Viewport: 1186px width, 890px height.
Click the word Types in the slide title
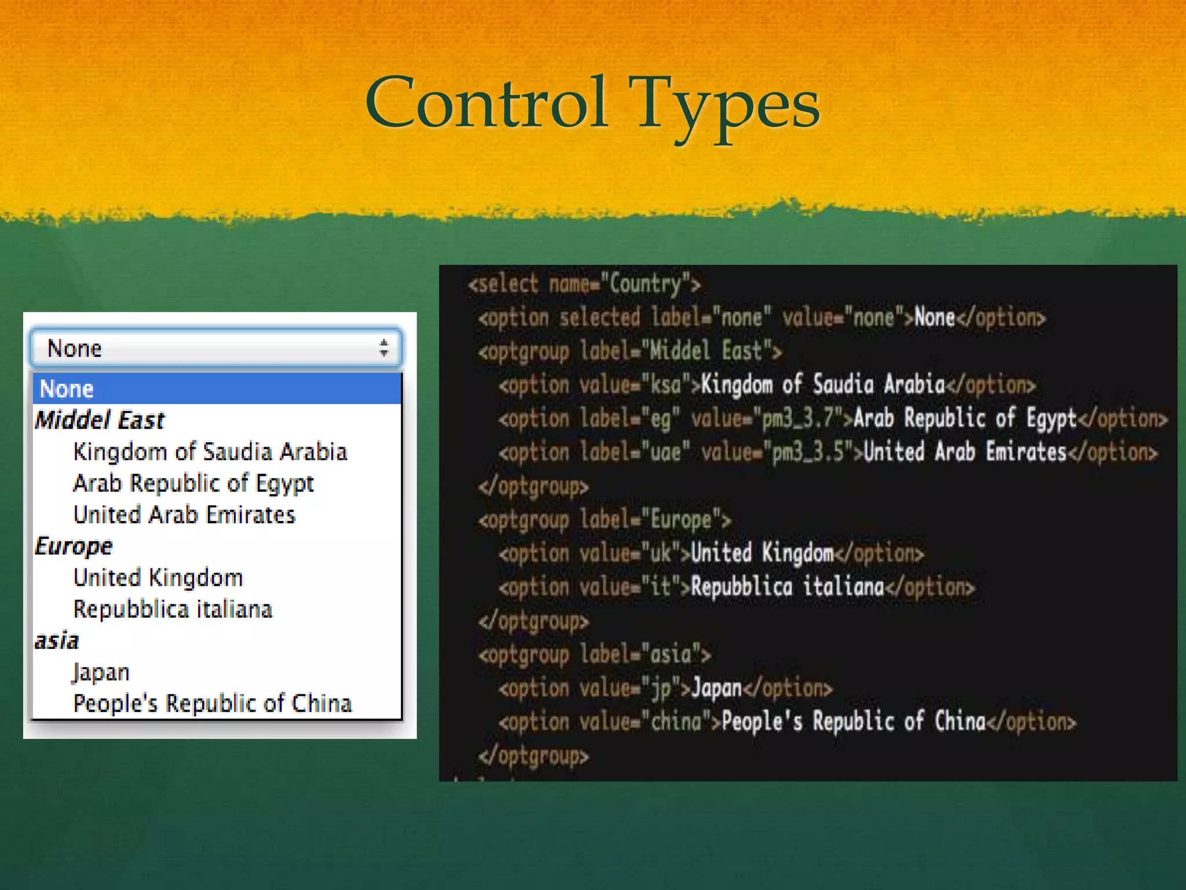click(727, 107)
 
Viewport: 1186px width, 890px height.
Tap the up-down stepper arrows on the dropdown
click(383, 348)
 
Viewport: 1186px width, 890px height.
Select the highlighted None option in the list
click(67, 389)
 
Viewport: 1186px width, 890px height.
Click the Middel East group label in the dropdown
click(100, 420)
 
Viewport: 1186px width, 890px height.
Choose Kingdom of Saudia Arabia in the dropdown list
click(210, 452)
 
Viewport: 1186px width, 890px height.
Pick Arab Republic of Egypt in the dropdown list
click(193, 483)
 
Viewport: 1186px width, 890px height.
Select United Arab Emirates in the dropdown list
click(184, 515)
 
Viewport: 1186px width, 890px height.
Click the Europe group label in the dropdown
click(74, 546)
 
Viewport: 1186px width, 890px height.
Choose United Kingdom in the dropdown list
click(158, 578)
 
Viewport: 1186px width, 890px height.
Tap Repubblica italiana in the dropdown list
click(173, 609)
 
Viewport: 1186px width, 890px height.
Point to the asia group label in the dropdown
click(56, 641)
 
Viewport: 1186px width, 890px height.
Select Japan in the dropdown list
click(101, 672)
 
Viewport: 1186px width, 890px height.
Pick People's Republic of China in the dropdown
click(213, 703)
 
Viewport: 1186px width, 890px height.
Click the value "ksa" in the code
click(665, 385)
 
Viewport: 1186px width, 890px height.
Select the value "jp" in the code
click(660, 688)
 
